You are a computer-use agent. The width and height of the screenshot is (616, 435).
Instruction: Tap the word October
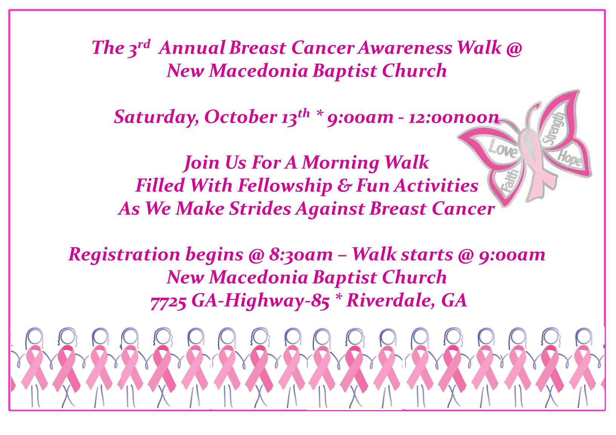pyautogui.click(x=241, y=117)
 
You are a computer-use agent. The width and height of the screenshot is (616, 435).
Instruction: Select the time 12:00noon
pyautogui.click(x=453, y=117)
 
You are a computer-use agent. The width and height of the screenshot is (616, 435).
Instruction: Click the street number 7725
pyautogui.click(x=168, y=301)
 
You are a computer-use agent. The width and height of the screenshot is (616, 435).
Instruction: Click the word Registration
pyautogui.click(x=124, y=255)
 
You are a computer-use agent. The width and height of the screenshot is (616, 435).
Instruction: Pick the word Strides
pyautogui.click(x=260, y=208)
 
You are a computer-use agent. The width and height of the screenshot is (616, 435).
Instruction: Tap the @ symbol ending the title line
pyautogui.click(x=514, y=49)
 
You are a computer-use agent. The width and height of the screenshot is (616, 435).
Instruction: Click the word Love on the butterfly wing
pyautogui.click(x=503, y=149)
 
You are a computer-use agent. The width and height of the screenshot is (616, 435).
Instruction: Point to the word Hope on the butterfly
pyautogui.click(x=569, y=158)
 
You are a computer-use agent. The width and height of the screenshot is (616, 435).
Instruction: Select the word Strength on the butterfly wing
pyautogui.click(x=554, y=129)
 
